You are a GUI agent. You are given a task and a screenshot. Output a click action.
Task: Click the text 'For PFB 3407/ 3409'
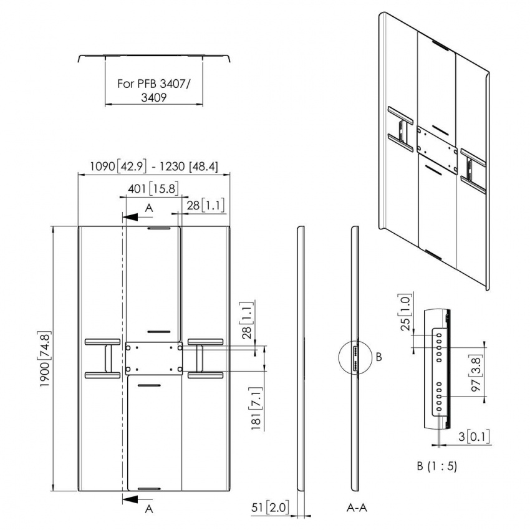click(154, 90)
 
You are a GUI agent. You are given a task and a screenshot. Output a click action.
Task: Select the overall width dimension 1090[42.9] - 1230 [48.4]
click(153, 166)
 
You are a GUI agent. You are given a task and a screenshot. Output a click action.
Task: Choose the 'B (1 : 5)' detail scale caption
click(436, 466)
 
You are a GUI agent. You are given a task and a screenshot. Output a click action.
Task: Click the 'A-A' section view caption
click(356, 508)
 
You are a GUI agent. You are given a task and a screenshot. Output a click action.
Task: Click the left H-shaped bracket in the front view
click(102, 358)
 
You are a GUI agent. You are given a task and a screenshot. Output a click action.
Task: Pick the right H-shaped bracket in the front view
click(205, 358)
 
